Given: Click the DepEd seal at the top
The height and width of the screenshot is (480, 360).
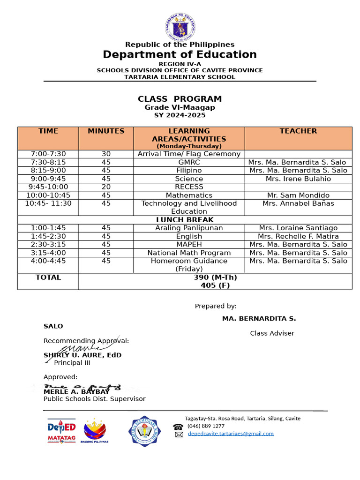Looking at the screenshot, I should click(180, 26).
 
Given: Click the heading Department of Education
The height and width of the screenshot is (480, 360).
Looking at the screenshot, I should click(180, 54).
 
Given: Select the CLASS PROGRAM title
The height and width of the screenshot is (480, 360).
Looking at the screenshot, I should click(180, 99).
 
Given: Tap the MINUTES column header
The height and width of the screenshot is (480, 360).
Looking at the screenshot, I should click(106, 131).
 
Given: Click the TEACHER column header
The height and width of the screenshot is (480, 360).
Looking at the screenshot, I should click(298, 131).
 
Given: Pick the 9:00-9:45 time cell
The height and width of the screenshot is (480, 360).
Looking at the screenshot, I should click(48, 179).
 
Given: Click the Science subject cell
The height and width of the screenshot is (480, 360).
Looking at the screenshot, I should click(189, 179).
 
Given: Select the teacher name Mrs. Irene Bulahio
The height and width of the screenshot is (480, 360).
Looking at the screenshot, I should click(298, 179).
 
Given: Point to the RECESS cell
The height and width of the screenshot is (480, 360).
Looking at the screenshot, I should click(189, 187).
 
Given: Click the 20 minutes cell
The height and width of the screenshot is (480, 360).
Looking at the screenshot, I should click(106, 187).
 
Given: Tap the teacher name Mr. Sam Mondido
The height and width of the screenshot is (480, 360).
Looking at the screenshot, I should click(298, 195).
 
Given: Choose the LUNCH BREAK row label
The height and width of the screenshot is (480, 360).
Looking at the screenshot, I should click(185, 220).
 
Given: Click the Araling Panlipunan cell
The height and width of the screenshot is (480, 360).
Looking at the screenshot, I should click(189, 228).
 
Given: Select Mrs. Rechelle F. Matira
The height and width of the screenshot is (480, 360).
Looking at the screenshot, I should click(298, 236).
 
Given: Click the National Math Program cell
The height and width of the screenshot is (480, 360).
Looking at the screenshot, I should click(189, 253).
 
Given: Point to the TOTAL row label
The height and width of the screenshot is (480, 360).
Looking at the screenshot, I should click(48, 277).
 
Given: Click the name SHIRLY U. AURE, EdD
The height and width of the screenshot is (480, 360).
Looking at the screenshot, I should click(82, 355).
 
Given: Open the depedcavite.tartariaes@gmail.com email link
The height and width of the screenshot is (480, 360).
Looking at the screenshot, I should click(231, 434).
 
